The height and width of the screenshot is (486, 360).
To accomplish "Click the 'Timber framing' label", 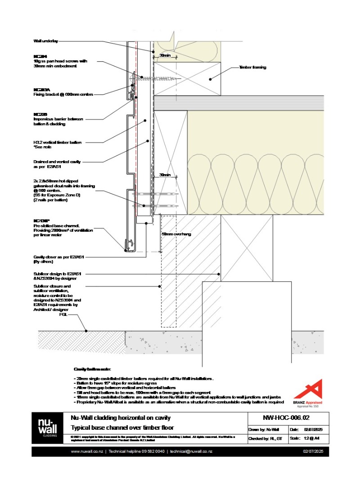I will click(x=252, y=67).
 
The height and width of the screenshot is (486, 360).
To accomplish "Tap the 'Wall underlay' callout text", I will click(x=45, y=41).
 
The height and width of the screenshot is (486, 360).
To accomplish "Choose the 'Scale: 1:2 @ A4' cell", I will click(x=308, y=438).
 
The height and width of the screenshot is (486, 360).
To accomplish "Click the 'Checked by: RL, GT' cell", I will click(x=266, y=438).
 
